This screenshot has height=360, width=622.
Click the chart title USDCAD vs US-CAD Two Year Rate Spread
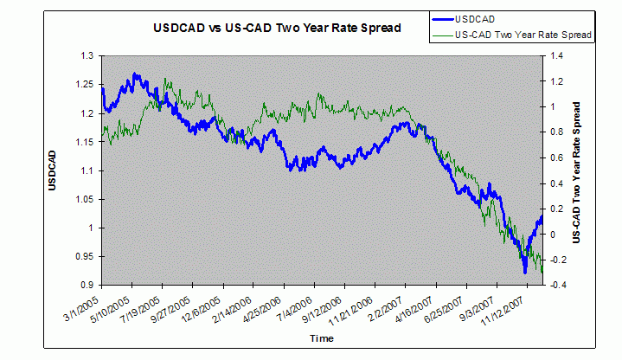277,28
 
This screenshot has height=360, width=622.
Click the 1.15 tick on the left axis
84,142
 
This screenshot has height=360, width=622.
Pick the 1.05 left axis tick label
84,199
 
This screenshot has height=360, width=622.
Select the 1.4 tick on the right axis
551,55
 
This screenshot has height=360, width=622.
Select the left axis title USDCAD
54,170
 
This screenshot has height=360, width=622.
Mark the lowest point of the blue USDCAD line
524,273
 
